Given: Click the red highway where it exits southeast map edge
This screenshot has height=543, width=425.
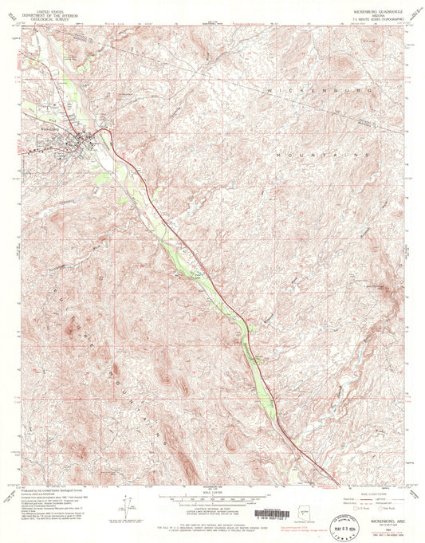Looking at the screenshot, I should [333, 482].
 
